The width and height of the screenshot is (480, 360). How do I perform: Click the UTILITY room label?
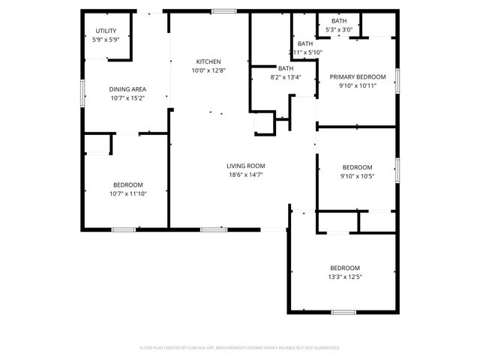(106, 31)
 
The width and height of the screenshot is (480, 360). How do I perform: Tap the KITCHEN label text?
(208, 61)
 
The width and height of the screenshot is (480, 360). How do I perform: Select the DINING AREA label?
(127, 88)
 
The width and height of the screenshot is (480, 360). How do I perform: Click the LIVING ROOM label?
(246, 166)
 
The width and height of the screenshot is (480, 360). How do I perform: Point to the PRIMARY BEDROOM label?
(357, 76)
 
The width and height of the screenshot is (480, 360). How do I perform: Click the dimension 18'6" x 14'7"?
(246, 175)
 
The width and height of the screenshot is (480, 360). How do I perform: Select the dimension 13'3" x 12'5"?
(345, 277)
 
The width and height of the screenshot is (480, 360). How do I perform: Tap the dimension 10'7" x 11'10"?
(127, 193)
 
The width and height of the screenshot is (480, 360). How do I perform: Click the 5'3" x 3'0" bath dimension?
(339, 30)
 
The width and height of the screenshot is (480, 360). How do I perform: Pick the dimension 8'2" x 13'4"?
(285, 76)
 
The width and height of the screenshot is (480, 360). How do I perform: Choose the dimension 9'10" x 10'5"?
(357, 176)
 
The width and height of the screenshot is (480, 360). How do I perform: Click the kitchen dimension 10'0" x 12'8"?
(208, 70)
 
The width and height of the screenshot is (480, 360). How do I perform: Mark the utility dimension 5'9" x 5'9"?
(106, 40)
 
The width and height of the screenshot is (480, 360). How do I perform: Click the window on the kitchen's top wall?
(223, 11)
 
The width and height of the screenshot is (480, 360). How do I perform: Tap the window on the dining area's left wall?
(82, 94)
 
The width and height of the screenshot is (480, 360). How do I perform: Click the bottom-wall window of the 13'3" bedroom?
(343, 311)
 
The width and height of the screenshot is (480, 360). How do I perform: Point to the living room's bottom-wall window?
(214, 229)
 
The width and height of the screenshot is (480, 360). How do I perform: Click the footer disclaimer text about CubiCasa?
(240, 348)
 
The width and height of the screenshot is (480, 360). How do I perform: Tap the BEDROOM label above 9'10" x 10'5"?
(357, 167)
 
